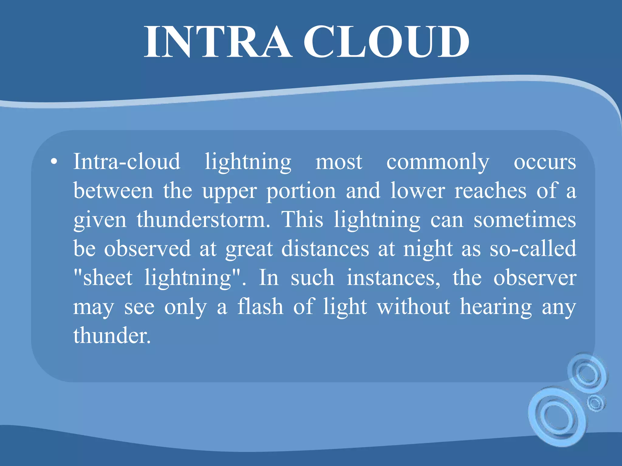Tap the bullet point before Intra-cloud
coord(54,162)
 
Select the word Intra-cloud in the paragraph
coord(127,161)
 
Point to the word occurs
coord(545,162)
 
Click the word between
coord(113,191)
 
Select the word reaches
coord(490,191)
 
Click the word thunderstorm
coord(203,220)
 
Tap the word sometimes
coord(525,220)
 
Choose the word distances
coord(325,249)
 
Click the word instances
coord(393,278)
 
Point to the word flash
coord(260,306)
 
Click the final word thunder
coord(112,336)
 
